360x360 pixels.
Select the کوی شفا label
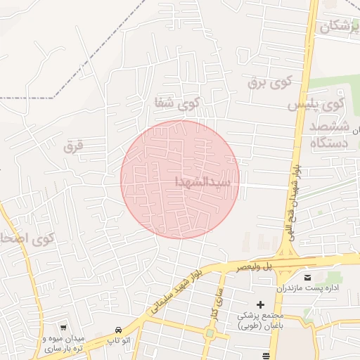178,104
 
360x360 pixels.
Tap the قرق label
73,147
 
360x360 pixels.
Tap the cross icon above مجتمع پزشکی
261,304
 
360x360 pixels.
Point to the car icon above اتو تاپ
118,329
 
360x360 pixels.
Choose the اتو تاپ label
118,341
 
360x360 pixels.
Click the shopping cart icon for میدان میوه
64,327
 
